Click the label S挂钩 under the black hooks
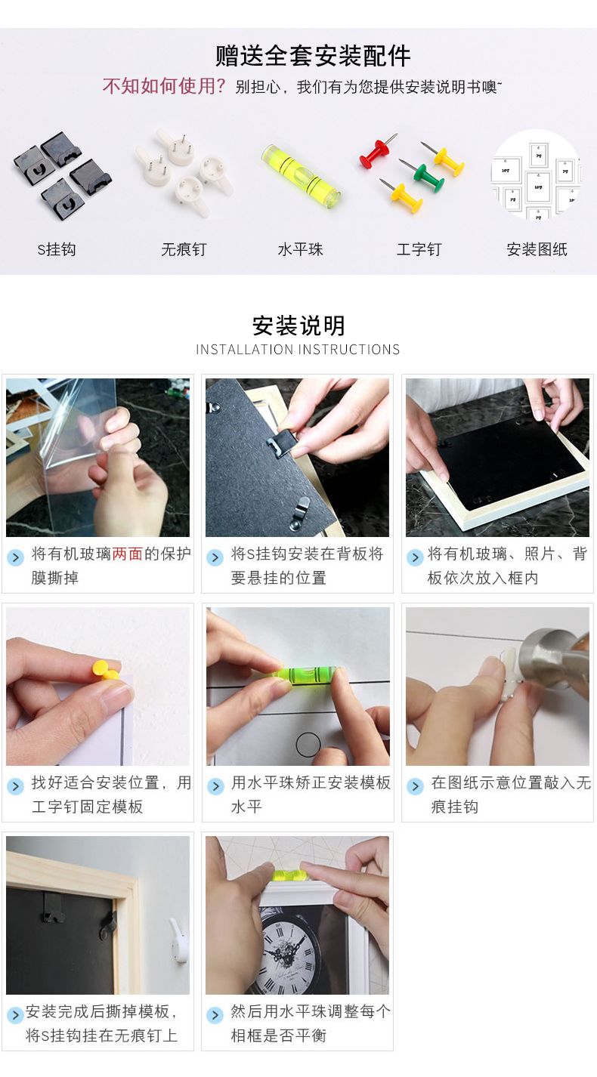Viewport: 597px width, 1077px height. (57, 249)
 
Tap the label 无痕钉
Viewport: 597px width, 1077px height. (184, 249)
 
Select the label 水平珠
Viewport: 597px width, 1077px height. (300, 249)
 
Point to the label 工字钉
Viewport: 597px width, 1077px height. (419, 249)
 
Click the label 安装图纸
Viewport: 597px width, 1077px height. (537, 249)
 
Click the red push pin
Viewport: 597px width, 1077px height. (377, 151)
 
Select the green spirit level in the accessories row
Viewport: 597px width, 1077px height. (302, 176)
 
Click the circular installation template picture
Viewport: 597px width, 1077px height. (536, 174)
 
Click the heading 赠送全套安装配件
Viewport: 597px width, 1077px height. (313, 56)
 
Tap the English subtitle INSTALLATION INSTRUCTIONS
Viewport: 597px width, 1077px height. (298, 350)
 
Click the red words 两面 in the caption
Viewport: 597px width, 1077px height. (128, 554)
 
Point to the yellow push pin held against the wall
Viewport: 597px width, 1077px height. (107, 670)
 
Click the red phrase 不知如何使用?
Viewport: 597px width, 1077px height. (164, 87)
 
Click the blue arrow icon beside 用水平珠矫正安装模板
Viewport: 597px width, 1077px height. (215, 786)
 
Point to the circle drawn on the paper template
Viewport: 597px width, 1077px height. (308, 745)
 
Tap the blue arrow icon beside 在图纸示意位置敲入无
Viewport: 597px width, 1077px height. (415, 786)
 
